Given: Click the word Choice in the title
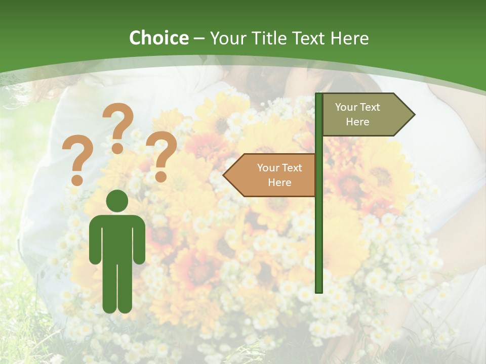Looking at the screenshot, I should (x=158, y=38).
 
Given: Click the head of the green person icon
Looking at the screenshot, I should (x=117, y=201).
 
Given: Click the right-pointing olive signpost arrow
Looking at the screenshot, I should (x=364, y=115).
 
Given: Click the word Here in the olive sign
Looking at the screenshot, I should (x=357, y=122).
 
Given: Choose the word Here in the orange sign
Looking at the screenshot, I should (x=279, y=183).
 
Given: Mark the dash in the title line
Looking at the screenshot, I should (x=199, y=39).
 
